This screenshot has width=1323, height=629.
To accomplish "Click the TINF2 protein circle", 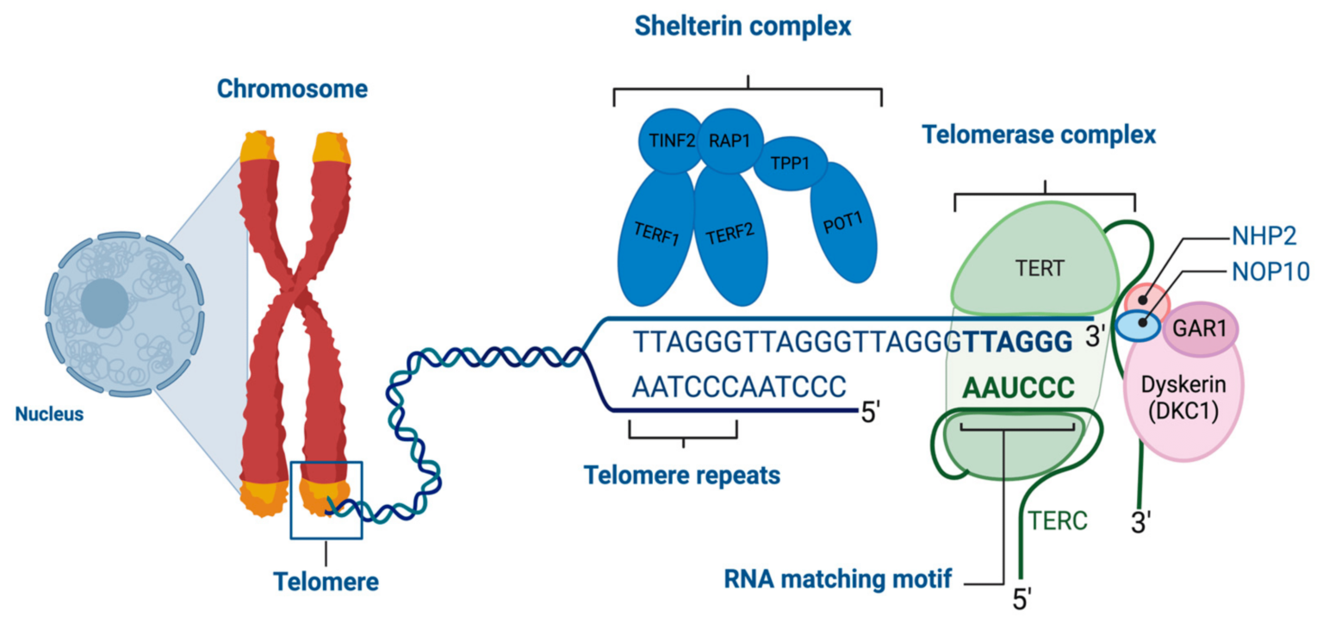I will tap(667, 140).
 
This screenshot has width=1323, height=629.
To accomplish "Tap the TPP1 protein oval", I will tap(791, 162).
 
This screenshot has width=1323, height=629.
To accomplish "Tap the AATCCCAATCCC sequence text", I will tap(739, 386).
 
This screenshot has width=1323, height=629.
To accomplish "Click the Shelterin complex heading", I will tap(742, 27).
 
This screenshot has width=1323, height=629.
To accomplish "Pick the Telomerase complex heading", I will tap(1039, 135).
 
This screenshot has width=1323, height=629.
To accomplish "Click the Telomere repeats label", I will tap(682, 475).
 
